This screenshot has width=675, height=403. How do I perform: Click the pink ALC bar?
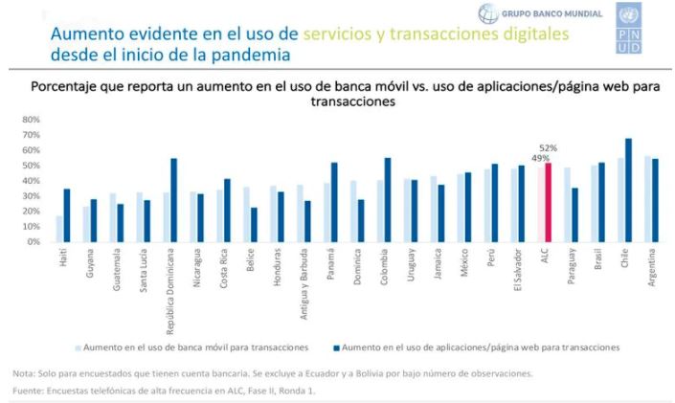[x=549, y=202]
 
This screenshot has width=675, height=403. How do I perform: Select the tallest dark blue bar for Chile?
[x=628, y=190]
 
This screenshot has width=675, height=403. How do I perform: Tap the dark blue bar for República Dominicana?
[x=173, y=200]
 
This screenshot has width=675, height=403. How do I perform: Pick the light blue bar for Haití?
[x=60, y=229]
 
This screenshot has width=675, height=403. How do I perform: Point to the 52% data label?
[x=549, y=148]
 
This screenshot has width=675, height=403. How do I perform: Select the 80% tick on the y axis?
[x=31, y=120]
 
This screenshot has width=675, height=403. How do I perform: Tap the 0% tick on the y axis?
[x=33, y=242]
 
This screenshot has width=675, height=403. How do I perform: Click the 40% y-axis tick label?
[x=31, y=181]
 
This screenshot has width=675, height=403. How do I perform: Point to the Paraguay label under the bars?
[x=573, y=266]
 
